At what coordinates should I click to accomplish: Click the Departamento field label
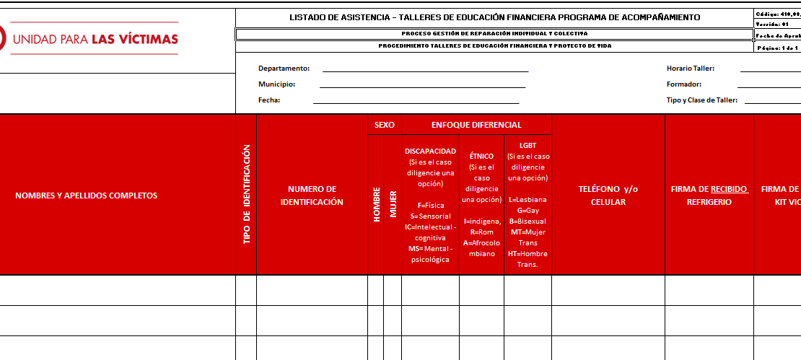point(284,69)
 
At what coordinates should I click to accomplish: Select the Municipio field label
point(276,84)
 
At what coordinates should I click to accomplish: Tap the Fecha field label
point(269,100)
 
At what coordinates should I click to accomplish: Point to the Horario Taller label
point(690,69)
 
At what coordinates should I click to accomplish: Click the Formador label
point(683,84)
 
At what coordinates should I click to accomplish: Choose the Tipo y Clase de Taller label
point(701,100)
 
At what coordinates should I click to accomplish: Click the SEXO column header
point(384,125)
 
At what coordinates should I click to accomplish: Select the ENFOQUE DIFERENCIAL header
point(476,125)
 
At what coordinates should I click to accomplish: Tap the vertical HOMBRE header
point(376,204)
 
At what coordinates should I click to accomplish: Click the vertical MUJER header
point(393,204)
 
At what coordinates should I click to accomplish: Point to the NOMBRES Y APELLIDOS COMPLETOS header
point(87,196)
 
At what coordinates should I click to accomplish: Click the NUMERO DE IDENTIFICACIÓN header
point(312,196)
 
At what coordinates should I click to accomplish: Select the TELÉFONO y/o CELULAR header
point(608,196)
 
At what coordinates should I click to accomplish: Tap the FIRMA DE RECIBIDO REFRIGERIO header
point(709,196)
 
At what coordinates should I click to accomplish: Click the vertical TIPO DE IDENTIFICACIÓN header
point(246,194)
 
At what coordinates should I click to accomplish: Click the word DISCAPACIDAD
point(430,152)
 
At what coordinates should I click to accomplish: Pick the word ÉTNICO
point(481,156)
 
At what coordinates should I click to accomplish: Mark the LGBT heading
point(528,145)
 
